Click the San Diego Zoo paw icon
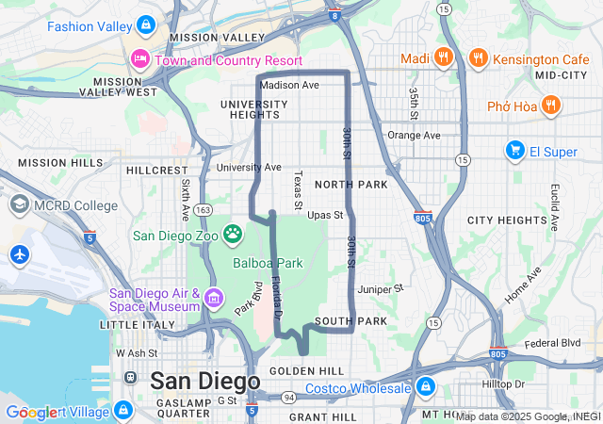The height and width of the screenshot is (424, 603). tap(232, 232)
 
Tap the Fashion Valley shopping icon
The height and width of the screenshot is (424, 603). tap(145, 24)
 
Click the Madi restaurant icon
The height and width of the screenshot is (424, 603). tap(443, 58)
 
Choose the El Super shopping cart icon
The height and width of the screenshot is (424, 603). tap(514, 150)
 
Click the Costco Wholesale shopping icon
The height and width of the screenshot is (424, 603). tap(425, 387)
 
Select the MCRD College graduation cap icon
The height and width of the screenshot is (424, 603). tap(19, 205)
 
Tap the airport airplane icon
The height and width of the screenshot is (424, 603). tap(19, 253)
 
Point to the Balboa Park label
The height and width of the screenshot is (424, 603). tap(268, 263)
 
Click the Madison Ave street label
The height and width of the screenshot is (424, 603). tap(289, 85)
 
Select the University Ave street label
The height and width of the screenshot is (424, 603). tap(249, 168)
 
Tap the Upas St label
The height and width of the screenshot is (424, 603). tap(324, 215)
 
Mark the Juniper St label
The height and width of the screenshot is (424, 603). tap(380, 288)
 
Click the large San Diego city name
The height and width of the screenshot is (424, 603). tap(204, 382)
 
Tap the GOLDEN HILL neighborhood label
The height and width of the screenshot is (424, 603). tap(306, 371)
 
